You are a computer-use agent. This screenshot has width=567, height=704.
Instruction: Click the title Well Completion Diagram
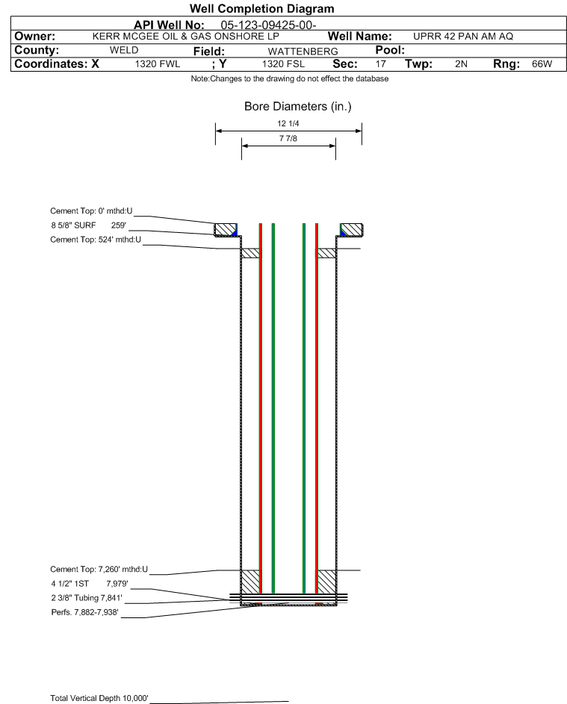click(262, 8)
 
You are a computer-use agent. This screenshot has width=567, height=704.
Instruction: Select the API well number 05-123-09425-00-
click(268, 25)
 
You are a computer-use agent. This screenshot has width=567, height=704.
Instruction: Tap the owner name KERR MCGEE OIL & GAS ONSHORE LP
click(185, 37)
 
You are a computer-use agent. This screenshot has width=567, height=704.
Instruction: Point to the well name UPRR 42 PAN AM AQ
click(462, 37)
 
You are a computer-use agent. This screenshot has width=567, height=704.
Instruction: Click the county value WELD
click(124, 50)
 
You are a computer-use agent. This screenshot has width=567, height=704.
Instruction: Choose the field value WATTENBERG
click(303, 52)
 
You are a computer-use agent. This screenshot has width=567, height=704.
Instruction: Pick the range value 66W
click(542, 63)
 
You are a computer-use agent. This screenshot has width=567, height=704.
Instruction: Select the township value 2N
click(461, 63)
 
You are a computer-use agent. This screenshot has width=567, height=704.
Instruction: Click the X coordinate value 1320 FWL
click(157, 63)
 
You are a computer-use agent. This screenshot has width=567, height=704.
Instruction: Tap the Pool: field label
click(390, 50)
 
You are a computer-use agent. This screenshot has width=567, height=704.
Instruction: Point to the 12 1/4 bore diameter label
click(288, 123)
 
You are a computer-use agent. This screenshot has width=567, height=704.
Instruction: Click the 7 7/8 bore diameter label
click(288, 138)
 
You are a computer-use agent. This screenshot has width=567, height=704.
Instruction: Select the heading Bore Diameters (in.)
click(298, 107)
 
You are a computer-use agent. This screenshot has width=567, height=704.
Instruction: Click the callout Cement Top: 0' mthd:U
click(91, 211)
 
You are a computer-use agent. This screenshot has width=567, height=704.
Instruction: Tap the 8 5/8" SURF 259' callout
click(88, 225)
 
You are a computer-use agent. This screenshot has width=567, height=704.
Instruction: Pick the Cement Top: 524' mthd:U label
click(96, 240)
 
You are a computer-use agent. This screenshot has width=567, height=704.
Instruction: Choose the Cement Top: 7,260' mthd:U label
click(99, 570)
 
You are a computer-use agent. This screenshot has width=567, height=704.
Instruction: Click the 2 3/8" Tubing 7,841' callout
click(87, 598)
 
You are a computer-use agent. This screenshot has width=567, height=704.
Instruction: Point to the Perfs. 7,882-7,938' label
click(85, 612)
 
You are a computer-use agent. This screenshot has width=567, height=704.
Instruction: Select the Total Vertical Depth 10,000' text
click(99, 698)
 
